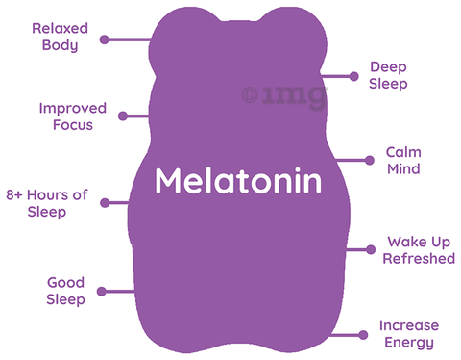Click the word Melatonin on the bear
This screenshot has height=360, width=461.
pyautogui.click(x=238, y=180)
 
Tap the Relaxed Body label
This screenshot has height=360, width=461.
pyautogui.click(x=60, y=37)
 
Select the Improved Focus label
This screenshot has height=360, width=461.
pyautogui.click(x=73, y=116)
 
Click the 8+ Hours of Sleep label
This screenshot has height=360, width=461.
pyautogui.click(x=47, y=203)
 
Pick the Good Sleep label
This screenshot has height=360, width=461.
pyautogui.click(x=65, y=291)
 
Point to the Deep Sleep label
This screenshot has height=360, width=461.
pyautogui.click(x=388, y=76)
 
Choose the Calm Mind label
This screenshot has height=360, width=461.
pyautogui.click(x=403, y=161)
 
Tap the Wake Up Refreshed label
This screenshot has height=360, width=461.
pyautogui.click(x=419, y=250)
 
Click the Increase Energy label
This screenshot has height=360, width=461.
pyautogui.click(x=409, y=334)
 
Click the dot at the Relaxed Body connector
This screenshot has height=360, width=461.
pyautogui.click(x=105, y=39)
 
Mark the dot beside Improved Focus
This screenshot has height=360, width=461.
pyautogui.click(x=123, y=116)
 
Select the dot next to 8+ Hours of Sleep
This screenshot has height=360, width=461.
pyautogui.click(x=105, y=203)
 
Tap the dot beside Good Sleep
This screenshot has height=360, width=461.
pyautogui.click(x=102, y=292)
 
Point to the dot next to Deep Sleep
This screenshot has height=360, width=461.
pyautogui.click(x=353, y=76)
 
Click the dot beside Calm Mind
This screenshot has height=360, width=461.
pyautogui.click(x=370, y=160)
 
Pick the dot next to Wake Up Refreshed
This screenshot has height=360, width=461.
pyautogui.click(x=371, y=249)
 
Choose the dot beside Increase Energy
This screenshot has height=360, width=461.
pyautogui.click(x=363, y=335)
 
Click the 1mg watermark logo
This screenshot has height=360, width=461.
pyautogui.click(x=284, y=95)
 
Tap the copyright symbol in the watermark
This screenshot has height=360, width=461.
pyautogui.click(x=250, y=95)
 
